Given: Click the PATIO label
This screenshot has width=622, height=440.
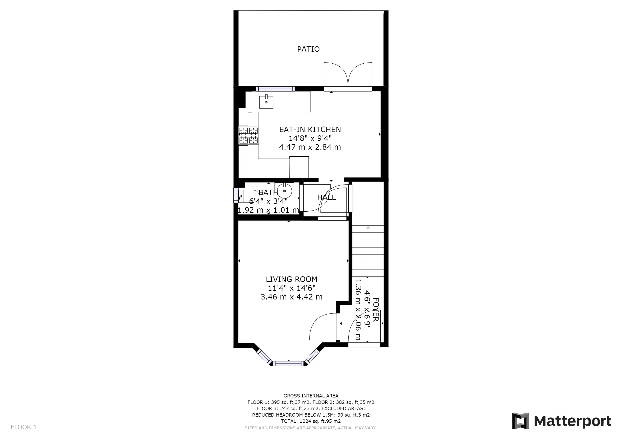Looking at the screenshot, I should (308, 49).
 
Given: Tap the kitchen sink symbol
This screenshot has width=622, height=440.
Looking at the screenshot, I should (266, 102).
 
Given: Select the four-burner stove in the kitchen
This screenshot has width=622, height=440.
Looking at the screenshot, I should (249, 135).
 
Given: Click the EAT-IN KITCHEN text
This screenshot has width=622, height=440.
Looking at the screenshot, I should (310, 130).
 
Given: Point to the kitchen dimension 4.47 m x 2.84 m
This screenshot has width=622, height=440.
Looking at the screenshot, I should (310, 147).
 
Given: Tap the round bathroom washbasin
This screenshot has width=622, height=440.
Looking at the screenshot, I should (284, 191).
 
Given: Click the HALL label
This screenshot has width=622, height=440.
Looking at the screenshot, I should (326, 197).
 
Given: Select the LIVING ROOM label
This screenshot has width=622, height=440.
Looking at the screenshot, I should (291, 279).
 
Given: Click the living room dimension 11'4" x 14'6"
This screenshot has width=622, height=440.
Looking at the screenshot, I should (291, 288).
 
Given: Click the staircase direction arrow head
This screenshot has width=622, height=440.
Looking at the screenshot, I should (368, 227).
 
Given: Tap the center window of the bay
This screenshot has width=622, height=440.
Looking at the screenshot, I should (288, 364).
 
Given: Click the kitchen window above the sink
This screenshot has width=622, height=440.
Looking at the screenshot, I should (275, 89).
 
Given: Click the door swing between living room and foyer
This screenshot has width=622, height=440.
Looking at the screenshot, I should (322, 327).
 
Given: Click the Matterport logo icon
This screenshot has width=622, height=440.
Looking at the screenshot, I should (520, 421).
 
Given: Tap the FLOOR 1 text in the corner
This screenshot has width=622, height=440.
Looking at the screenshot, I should (24, 427).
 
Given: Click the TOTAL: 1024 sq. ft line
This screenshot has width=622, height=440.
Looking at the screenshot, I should (311, 421).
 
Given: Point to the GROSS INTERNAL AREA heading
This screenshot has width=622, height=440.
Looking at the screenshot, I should (311, 396).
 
